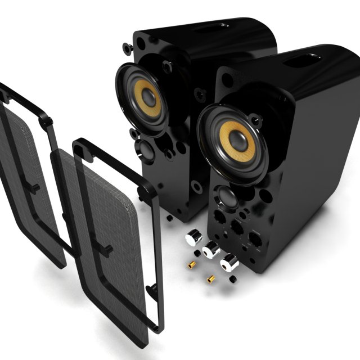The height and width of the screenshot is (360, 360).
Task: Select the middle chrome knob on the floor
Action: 211,249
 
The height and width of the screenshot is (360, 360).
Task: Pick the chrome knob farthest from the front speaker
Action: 193,238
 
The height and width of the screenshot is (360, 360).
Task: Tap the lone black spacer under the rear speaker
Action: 170,217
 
